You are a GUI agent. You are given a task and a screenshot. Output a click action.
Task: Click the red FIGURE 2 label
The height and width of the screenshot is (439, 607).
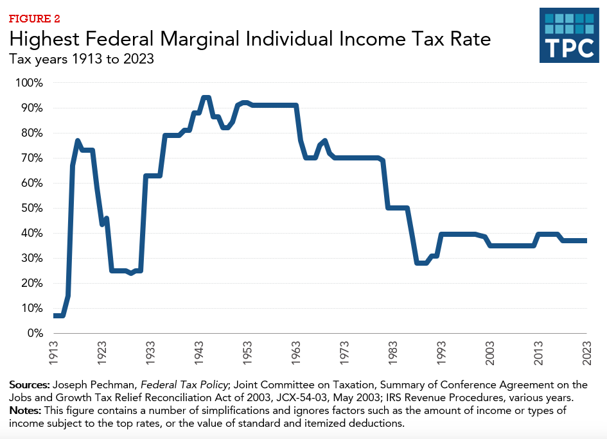click(x=33, y=18)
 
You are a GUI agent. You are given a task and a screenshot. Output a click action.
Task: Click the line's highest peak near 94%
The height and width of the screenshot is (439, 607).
click(x=206, y=98)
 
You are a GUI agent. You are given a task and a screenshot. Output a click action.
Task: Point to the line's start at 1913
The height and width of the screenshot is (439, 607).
click(x=55, y=316)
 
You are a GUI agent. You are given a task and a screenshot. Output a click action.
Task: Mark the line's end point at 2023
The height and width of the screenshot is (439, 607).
click(x=586, y=241)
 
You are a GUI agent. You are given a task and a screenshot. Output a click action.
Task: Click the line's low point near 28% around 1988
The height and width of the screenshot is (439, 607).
click(x=421, y=263)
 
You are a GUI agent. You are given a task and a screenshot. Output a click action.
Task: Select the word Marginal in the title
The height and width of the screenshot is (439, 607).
click(x=201, y=40)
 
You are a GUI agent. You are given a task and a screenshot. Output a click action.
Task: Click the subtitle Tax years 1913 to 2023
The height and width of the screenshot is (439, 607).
click(x=82, y=59)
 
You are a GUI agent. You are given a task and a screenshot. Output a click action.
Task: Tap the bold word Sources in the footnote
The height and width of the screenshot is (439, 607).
click(x=30, y=385)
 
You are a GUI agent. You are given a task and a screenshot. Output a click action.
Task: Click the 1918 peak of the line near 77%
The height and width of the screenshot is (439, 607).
click(x=78, y=141)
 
